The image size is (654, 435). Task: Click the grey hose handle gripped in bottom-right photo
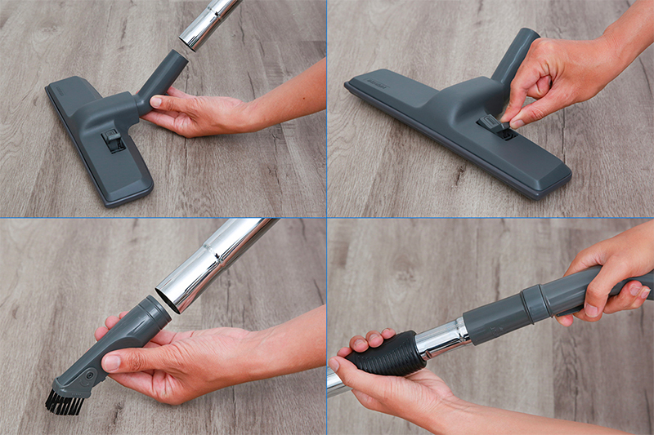[x=572, y=290]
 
